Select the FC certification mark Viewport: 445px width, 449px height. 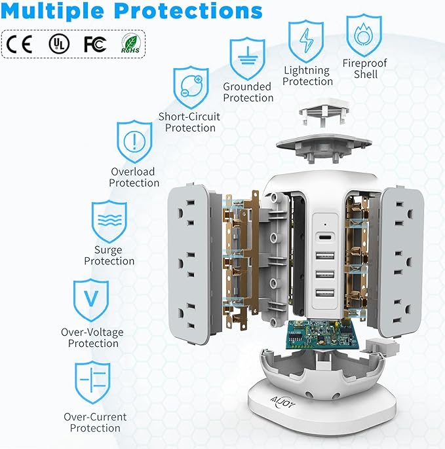pyautogui.click(x=94, y=44)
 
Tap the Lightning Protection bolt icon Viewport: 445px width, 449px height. pyautogui.click(x=306, y=41)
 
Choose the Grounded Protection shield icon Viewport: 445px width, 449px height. pyautogui.click(x=247, y=58)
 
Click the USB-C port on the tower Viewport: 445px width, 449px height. pyautogui.click(x=326, y=238)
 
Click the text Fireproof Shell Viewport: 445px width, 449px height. pyautogui.click(x=365, y=69)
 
